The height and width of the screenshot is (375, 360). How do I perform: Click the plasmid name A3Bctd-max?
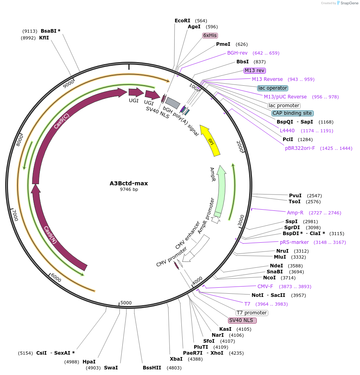[x=129, y=183]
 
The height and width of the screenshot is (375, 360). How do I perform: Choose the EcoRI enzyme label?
[x=183, y=21]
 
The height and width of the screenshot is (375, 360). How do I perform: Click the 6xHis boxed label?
[x=210, y=35]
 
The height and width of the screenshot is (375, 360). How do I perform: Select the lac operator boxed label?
[x=273, y=88]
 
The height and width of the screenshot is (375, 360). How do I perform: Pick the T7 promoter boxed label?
[x=252, y=313]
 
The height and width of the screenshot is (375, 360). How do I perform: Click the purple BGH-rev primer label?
[x=237, y=53]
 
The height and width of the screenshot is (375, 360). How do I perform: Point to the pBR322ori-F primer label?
[x=300, y=148]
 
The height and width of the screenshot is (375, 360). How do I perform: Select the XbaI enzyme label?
[x=176, y=359]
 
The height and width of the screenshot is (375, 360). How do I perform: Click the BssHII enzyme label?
[x=152, y=368]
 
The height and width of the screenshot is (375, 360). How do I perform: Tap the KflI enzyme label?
[x=44, y=38]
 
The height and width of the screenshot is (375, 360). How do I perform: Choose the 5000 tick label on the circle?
[x=126, y=303]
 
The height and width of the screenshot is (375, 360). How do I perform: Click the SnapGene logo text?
[x=348, y=3]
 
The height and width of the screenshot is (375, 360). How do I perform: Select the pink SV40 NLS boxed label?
[x=242, y=320]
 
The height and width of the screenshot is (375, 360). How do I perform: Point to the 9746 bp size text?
[x=129, y=190]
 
